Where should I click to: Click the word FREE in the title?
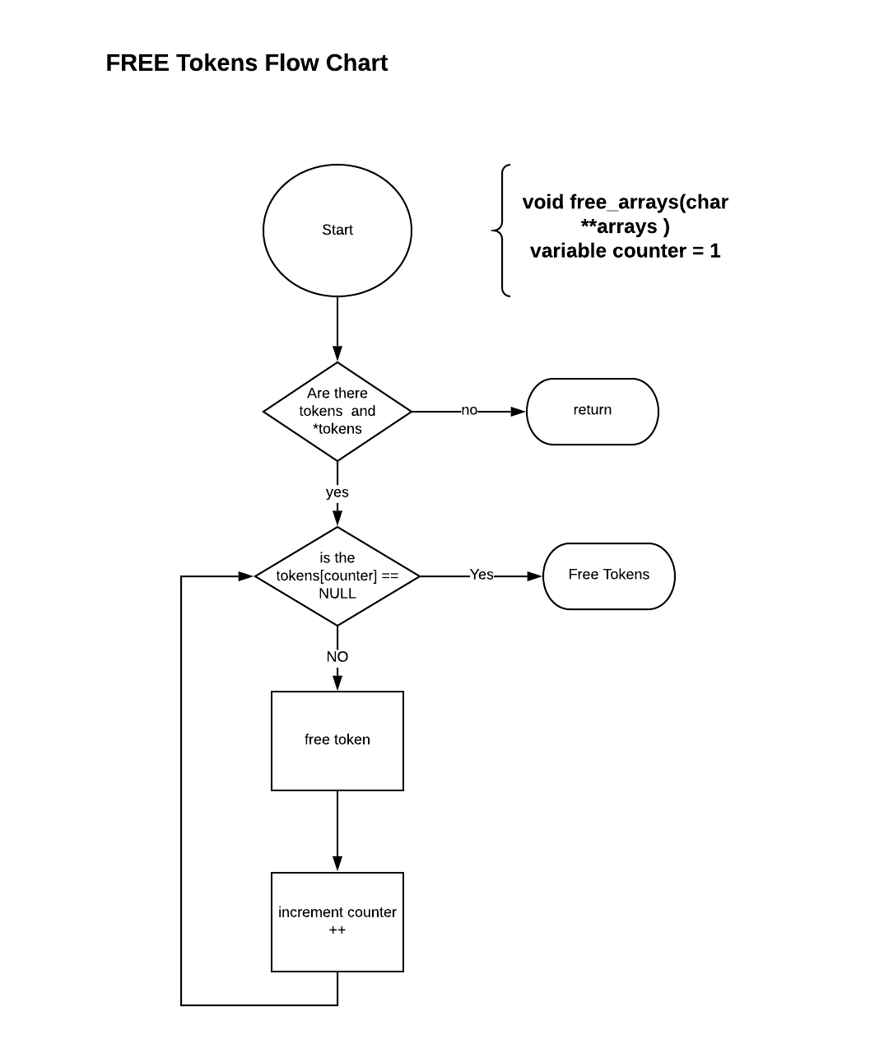(x=137, y=63)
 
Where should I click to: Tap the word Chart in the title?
(x=356, y=63)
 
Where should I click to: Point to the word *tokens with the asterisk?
(x=337, y=429)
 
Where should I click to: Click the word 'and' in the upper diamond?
(x=363, y=411)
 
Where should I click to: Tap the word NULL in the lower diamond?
(x=337, y=594)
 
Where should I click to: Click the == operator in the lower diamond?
(x=390, y=576)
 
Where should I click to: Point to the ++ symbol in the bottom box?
(x=337, y=930)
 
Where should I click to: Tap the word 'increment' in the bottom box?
(x=309, y=912)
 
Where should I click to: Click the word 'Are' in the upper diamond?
(x=319, y=393)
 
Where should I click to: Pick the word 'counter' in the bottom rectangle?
(x=371, y=912)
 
